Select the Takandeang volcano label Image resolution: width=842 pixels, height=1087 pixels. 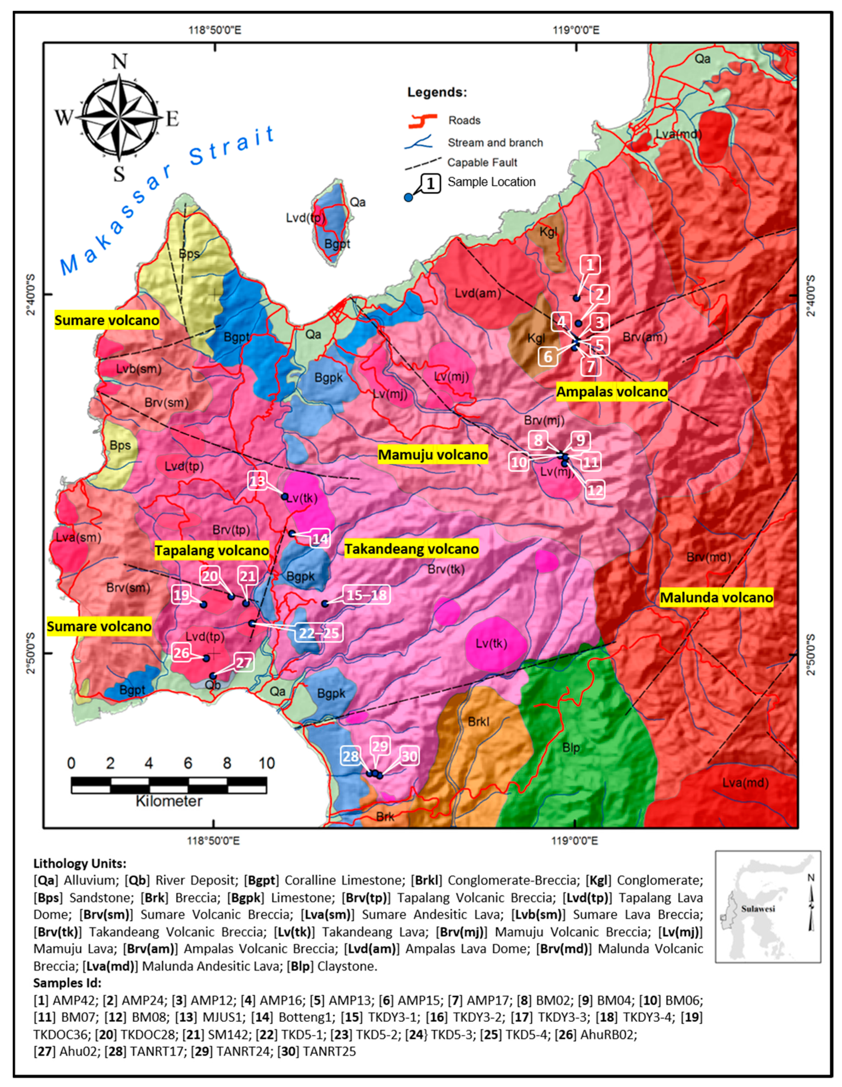pos(411,549)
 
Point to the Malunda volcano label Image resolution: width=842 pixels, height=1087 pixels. pos(716,597)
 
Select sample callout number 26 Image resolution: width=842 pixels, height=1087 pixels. pos(181,653)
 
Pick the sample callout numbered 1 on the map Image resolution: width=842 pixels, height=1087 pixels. pos(590,264)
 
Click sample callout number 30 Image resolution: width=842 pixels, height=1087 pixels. pos(409,757)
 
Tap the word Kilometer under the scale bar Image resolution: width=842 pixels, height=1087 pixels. pos(169,801)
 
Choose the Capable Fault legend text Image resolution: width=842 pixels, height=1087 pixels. pos(482,162)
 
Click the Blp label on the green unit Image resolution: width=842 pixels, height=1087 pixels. pos(571,748)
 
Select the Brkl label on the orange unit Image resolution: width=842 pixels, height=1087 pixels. pos(478,721)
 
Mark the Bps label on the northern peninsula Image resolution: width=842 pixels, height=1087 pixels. pos(189,254)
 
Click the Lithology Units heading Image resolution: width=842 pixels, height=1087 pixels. pos(80,863)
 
